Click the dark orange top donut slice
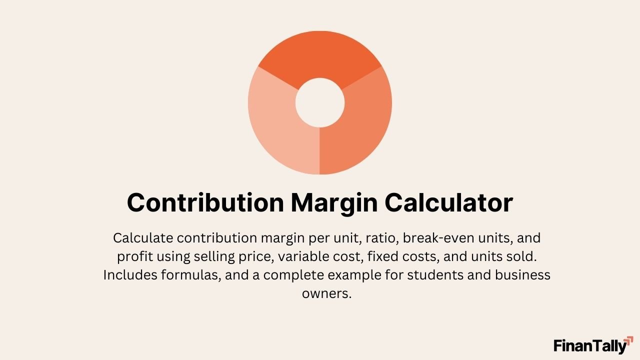coord(320,55)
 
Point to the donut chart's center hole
coord(320,102)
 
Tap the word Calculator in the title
coord(448,203)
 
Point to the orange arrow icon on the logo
coord(629,340)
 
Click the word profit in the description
coord(135,256)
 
